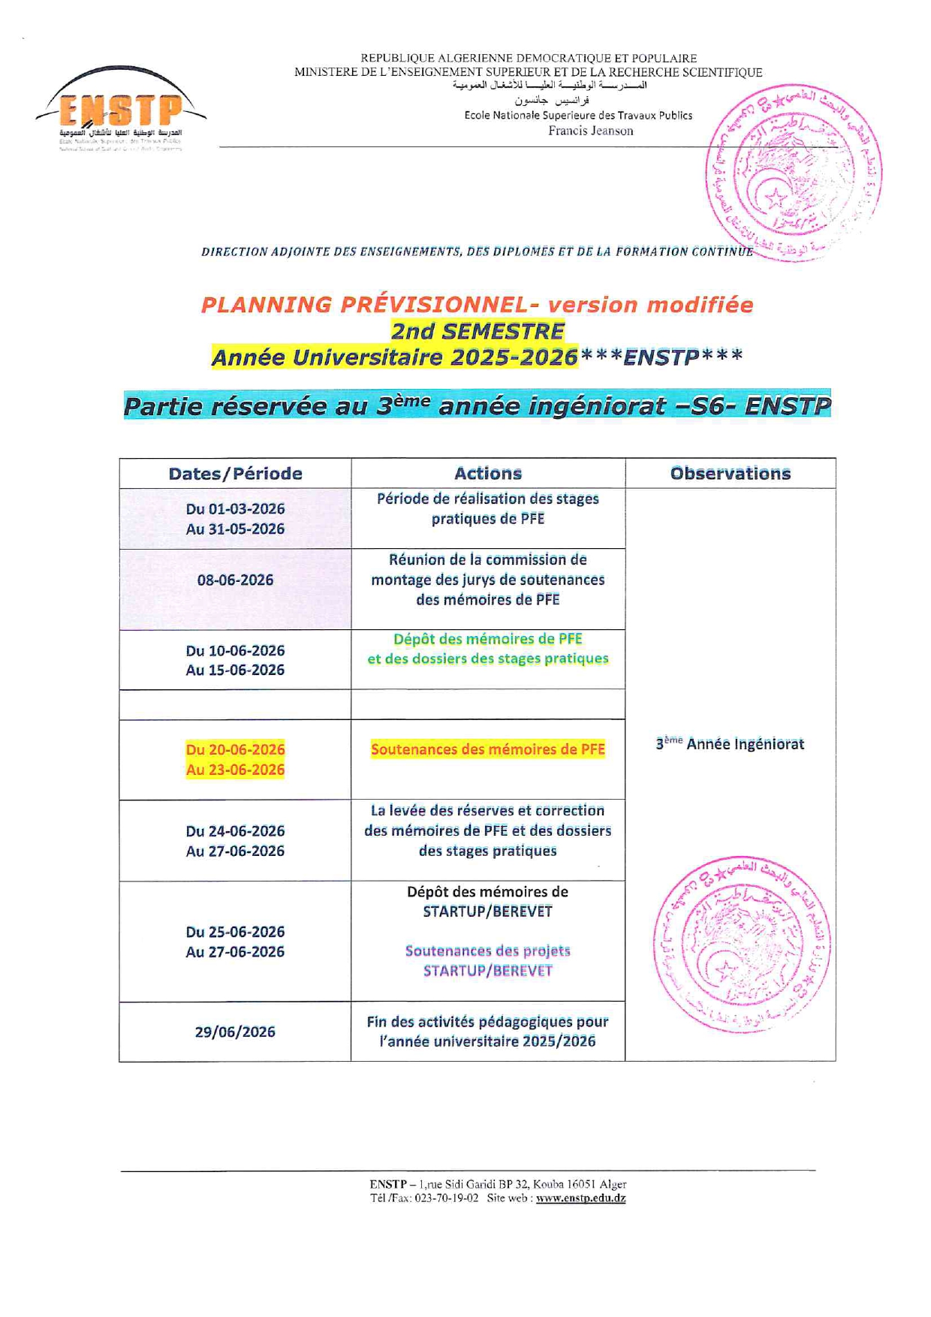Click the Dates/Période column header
pos(235,474)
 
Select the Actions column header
pos(488,473)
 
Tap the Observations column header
pos(730,473)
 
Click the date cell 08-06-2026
pos(235,580)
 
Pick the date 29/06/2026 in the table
pos(235,1032)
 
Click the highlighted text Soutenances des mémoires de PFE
pos(488,749)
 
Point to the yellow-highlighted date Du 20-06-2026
pos(235,749)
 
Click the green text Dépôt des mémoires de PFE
pos(488,639)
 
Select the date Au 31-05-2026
pos(235,529)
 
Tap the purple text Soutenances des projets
pos(488,951)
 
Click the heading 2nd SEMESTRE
pos(478,331)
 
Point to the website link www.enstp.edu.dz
pos(580,1198)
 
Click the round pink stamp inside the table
pos(742,944)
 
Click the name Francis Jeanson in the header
pos(591,131)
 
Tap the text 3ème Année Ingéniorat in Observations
pos(730,744)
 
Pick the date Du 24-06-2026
pos(235,831)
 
